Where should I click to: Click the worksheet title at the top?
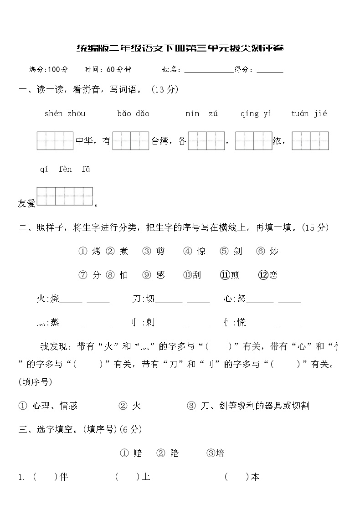coord(180,48)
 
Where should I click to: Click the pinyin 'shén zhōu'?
coord(65,114)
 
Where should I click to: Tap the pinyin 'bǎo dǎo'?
coord(133,114)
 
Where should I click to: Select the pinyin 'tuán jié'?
coord(309,114)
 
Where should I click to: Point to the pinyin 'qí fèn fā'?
coord(65,170)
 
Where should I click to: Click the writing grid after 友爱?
coord(65,196)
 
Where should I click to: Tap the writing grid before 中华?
coord(55,141)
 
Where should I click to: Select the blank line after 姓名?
coord(208,70)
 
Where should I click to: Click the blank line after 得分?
coord(270,70)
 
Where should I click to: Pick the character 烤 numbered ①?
coord(96,251)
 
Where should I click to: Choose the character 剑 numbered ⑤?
coord(237,251)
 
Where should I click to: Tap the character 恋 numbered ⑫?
coord(273,275)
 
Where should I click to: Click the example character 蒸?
coord(55,323)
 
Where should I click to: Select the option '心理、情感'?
coord(55,406)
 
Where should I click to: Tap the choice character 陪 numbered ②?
coord(174,453)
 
